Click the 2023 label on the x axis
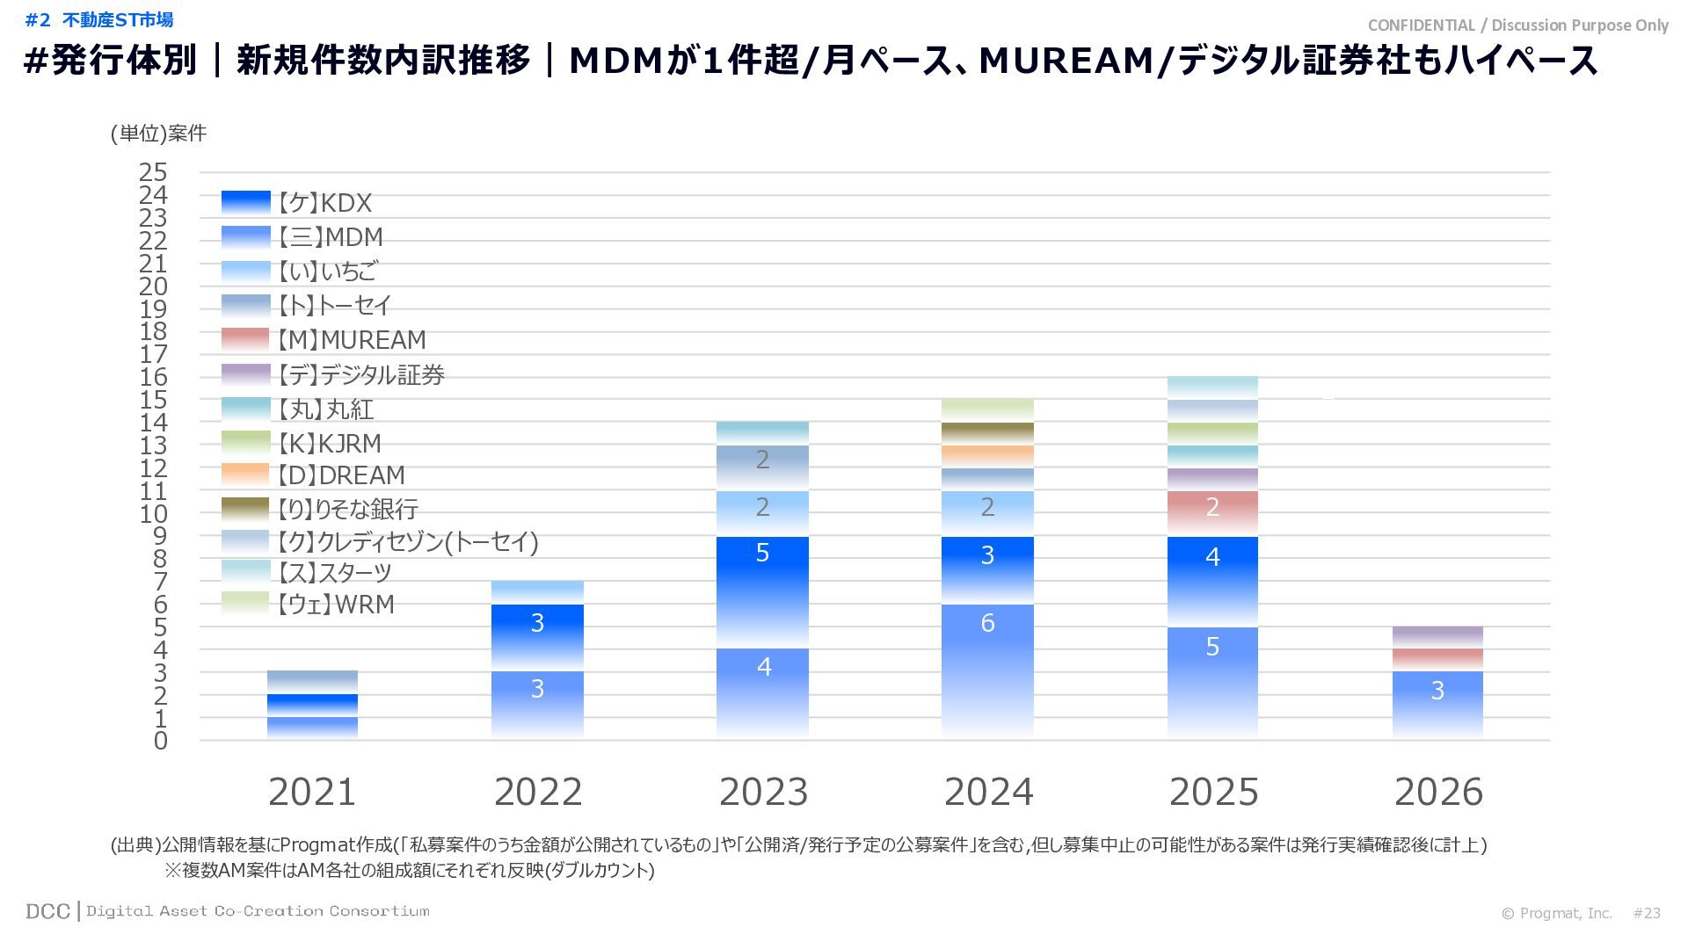tap(763, 792)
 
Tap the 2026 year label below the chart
tap(1438, 792)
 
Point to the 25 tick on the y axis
tap(153, 171)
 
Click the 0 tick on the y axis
tap(160, 741)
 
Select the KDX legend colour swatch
tap(245, 202)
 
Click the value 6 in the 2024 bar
tap(987, 623)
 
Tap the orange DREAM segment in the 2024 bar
tap(987, 456)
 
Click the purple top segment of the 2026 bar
tap(1437, 637)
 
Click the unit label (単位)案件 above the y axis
tap(158, 133)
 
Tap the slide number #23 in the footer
tap(1647, 913)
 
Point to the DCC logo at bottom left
tap(47, 911)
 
